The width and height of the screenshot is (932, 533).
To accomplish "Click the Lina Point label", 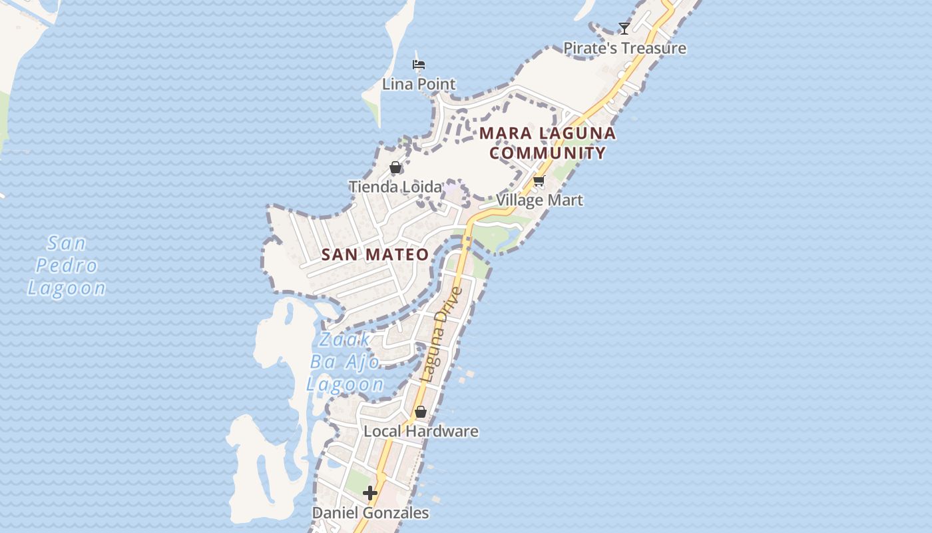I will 419,84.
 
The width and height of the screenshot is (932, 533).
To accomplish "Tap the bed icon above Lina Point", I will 419,65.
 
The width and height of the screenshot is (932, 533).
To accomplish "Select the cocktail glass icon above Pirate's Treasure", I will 624,28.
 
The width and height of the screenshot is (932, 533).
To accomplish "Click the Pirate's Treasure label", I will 624,48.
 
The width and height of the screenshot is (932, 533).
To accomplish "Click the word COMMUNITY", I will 548,153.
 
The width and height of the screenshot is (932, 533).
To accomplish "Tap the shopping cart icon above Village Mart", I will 539,181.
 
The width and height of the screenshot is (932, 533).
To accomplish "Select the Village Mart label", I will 539,200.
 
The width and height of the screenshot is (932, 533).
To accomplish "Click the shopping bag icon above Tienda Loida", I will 395,167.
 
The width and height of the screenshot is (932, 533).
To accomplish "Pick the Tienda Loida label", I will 395,187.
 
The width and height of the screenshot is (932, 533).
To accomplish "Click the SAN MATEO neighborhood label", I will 375,255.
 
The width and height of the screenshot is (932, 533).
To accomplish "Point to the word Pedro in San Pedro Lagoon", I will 66,265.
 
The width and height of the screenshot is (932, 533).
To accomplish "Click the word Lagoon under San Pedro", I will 66,288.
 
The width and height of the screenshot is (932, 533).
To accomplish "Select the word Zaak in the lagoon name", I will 345,340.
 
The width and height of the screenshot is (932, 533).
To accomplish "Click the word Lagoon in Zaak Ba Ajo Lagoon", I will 345,384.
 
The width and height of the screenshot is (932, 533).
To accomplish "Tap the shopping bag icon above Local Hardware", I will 421,412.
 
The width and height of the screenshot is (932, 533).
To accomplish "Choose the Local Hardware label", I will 421,431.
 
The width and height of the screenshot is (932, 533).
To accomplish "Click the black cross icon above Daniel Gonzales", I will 370,493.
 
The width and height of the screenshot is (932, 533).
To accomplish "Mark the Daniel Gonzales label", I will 370,513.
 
